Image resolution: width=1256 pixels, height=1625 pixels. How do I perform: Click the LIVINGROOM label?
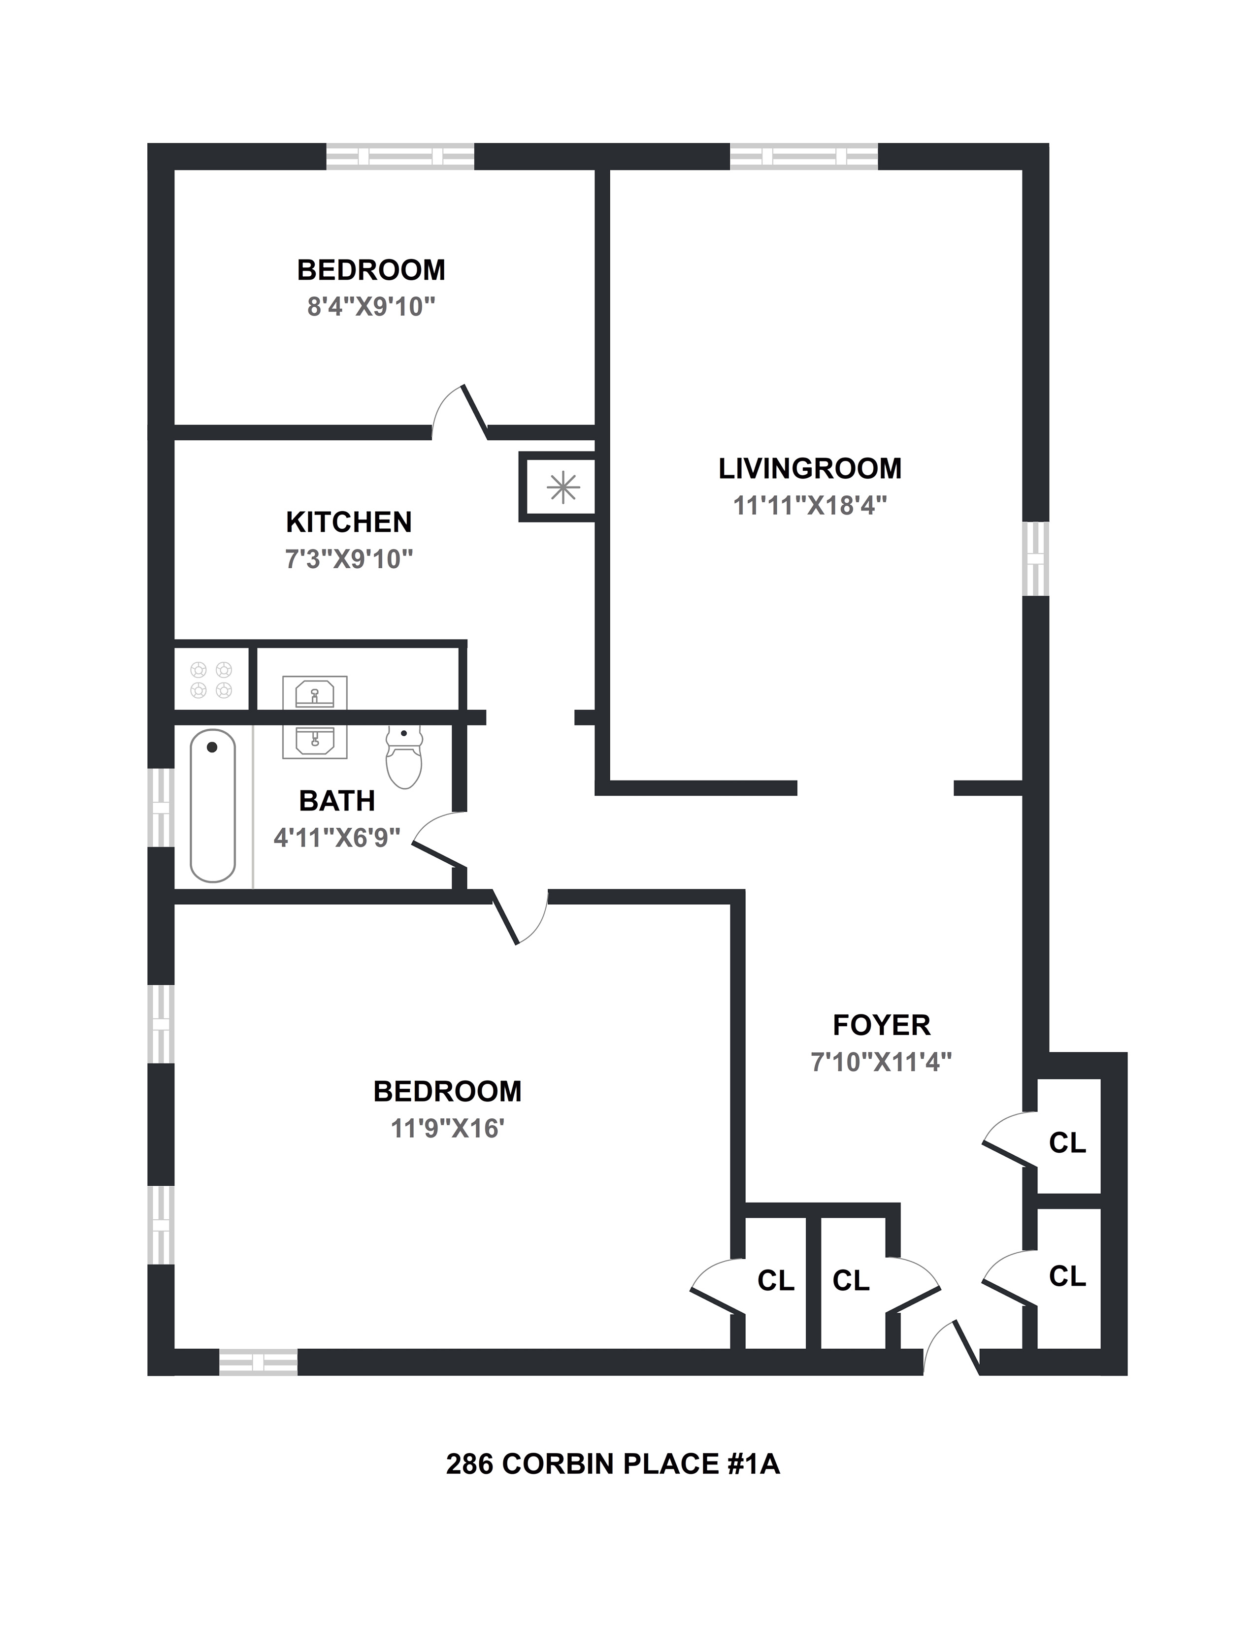[810, 469]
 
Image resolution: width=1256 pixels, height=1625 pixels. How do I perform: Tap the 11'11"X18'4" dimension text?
[810, 506]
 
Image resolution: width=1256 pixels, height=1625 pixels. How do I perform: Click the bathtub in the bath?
[213, 806]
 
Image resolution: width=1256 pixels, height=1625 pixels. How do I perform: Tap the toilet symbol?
[404, 757]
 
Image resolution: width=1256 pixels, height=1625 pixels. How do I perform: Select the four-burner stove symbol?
[211, 680]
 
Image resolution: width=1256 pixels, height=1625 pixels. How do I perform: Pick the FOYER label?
[881, 1025]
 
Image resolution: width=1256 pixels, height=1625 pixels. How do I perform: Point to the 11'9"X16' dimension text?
[447, 1129]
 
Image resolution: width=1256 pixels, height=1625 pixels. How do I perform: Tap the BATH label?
[336, 801]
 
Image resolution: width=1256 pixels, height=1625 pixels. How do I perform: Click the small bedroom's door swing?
[458, 413]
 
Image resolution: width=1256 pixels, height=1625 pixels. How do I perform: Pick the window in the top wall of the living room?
[804, 156]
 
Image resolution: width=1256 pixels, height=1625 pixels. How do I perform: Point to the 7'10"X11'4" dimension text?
[881, 1062]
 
